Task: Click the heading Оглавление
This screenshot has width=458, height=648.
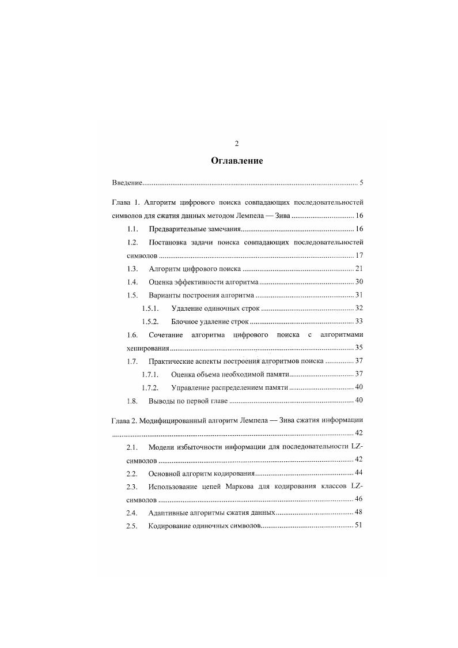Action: (x=237, y=161)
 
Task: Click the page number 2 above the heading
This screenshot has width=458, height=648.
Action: (x=237, y=144)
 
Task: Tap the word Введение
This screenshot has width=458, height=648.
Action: (x=127, y=183)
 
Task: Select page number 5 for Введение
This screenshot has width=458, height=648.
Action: (x=361, y=183)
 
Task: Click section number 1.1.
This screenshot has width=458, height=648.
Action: (x=132, y=229)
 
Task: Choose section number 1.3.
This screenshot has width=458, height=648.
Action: (x=132, y=269)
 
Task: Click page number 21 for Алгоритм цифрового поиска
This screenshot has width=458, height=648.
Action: (x=358, y=269)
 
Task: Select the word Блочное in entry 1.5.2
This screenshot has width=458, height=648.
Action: (x=184, y=321)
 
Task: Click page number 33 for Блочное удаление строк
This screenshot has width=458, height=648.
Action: (x=358, y=321)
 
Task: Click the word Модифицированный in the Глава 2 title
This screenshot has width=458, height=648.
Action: (x=176, y=421)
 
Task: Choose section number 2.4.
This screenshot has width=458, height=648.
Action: (x=132, y=513)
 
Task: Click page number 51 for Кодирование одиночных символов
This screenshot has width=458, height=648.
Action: (x=358, y=526)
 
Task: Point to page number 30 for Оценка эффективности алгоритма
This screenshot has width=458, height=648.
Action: (x=358, y=282)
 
